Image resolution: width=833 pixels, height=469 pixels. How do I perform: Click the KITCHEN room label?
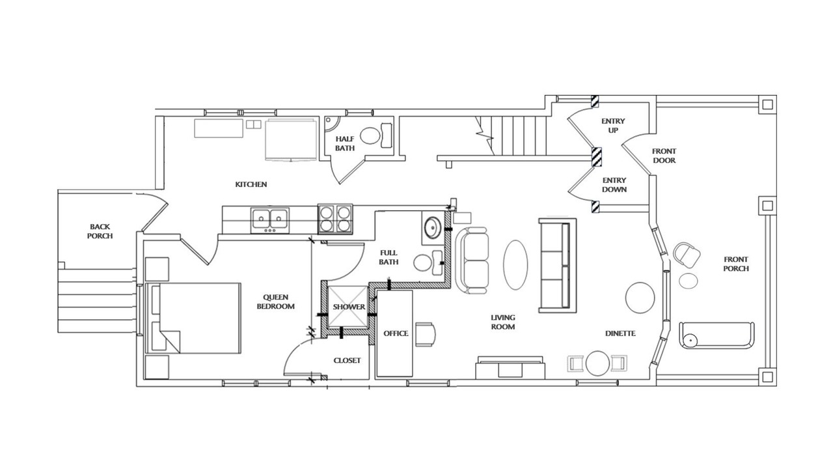(251, 184)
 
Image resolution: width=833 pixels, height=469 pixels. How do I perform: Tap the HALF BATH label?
(345, 144)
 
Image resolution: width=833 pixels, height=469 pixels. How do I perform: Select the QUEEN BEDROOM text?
(275, 302)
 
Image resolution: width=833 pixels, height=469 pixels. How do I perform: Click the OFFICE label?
(396, 334)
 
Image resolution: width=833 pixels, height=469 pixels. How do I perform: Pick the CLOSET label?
(347, 361)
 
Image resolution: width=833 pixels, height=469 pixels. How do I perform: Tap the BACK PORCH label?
(100, 231)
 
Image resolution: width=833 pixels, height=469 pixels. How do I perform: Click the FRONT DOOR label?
(664, 156)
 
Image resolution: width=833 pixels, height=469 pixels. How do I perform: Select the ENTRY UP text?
(613, 126)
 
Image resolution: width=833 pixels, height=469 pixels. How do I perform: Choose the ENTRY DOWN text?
(614, 185)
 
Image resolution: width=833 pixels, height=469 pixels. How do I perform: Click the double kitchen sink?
(270, 220)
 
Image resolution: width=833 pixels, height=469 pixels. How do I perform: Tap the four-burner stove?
(335, 219)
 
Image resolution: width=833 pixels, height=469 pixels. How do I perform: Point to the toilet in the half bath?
(376, 136)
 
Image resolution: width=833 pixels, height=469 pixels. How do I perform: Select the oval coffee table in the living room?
(515, 265)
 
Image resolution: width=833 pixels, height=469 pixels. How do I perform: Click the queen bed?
(193, 319)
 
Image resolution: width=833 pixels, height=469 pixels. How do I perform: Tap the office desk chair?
(425, 334)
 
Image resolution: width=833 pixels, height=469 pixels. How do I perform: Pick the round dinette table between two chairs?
(597, 363)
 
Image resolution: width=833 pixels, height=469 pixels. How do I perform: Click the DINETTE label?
(620, 334)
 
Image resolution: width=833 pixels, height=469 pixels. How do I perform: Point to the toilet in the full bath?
(428, 263)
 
